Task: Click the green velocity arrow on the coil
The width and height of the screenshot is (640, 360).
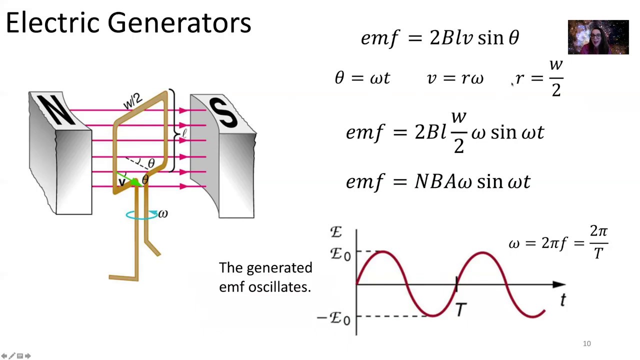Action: [x=129, y=179]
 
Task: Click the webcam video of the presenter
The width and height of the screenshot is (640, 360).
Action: [x=598, y=37]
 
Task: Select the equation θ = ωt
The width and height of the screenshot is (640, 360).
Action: [x=362, y=78]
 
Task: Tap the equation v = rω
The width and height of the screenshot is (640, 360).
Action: [x=455, y=78]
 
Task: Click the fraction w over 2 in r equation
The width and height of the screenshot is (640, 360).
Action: [x=556, y=78]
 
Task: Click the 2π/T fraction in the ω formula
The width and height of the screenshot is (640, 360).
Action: [x=598, y=242]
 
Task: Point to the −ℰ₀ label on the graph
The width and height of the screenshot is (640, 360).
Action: [x=334, y=317]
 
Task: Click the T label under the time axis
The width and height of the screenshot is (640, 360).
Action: [x=461, y=310]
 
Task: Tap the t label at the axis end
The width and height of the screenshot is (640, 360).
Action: [x=563, y=300]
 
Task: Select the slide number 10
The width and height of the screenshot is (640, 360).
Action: [x=586, y=343]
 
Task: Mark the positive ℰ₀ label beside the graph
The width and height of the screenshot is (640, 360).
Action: [x=340, y=253]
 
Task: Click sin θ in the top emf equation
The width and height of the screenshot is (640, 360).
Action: [x=498, y=38]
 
